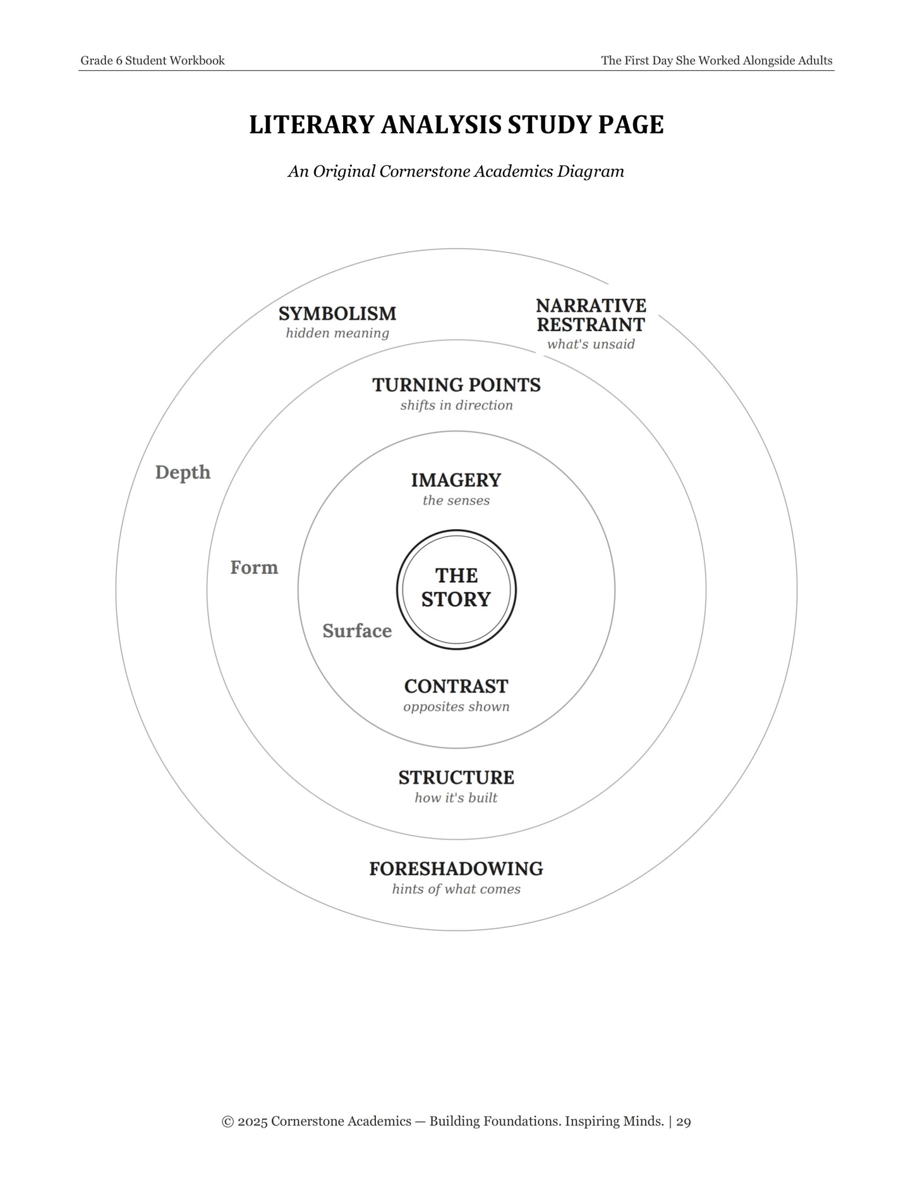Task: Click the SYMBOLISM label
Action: click(x=337, y=314)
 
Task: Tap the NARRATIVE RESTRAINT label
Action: click(x=591, y=315)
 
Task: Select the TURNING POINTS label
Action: click(x=456, y=385)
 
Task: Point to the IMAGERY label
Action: click(x=456, y=480)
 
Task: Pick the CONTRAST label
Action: click(x=456, y=686)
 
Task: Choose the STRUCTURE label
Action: click(x=456, y=777)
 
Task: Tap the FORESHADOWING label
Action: click(x=456, y=869)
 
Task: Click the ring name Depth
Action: click(x=183, y=473)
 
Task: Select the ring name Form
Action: click(x=254, y=568)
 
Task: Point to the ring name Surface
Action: click(x=357, y=631)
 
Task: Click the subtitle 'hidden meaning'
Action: click(x=337, y=333)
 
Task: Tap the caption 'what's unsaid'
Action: click(x=591, y=344)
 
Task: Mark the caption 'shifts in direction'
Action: click(x=456, y=405)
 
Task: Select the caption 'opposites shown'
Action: click(x=456, y=707)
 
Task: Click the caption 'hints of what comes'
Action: click(x=456, y=889)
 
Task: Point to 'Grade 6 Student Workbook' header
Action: click(x=152, y=61)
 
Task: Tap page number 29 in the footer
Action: click(x=684, y=1121)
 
